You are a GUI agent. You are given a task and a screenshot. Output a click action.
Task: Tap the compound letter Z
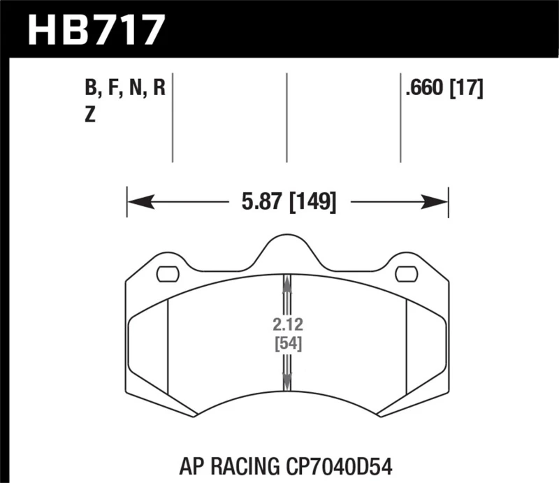point(89,116)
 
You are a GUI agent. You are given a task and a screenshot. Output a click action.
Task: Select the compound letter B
point(90,89)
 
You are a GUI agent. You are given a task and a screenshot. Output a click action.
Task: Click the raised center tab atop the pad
point(286,248)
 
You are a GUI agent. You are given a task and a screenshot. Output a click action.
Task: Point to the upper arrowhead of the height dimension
point(286,281)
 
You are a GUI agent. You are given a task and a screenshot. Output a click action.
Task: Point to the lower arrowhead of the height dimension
point(286,380)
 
